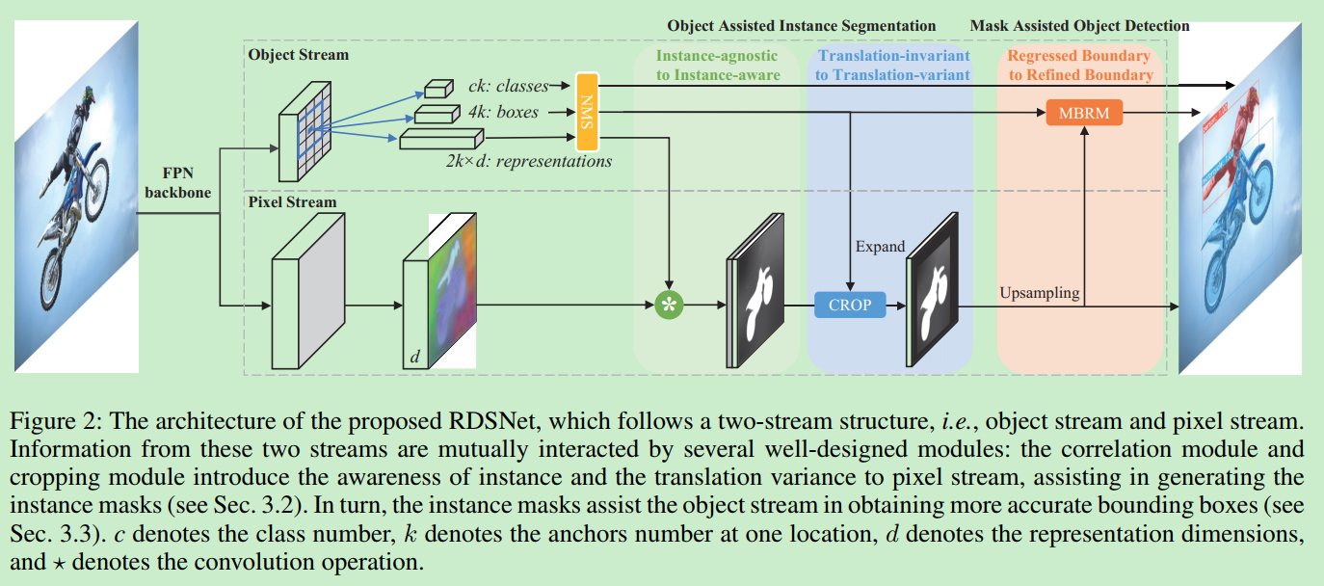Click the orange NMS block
[x=586, y=111]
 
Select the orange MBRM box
[x=1084, y=113]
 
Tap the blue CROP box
[x=849, y=305]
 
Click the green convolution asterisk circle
[x=667, y=305]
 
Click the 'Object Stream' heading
[x=298, y=55]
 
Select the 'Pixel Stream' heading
[x=292, y=202]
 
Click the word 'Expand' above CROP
[x=880, y=247]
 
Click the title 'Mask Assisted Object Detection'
[x=1080, y=26]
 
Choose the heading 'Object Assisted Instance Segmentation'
[x=801, y=26]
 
